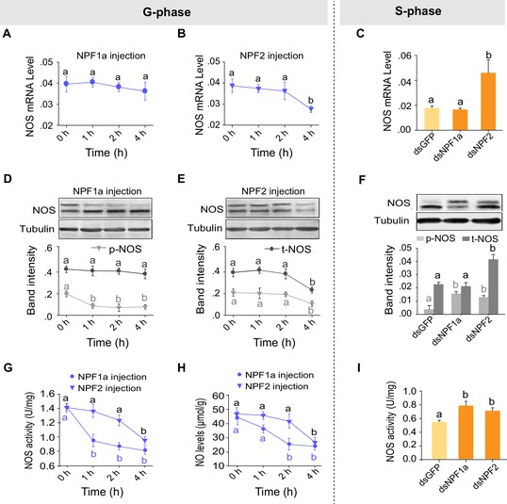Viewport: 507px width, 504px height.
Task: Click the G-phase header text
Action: click(167, 12)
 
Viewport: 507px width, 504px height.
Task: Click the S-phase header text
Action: click(417, 11)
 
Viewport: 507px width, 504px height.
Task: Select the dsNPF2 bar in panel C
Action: click(488, 102)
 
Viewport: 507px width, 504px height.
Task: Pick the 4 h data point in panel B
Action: click(311, 109)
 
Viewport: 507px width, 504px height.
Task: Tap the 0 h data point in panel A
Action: click(66, 84)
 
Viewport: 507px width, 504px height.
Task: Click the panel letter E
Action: click(181, 178)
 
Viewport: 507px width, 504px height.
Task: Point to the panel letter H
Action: click(182, 367)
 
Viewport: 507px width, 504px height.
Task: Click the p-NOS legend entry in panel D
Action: click(117, 249)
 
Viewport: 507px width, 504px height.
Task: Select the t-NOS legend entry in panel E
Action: click(288, 249)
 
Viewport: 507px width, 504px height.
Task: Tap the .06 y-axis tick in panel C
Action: click(405, 56)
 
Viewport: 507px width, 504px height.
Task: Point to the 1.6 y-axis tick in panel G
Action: click(47, 394)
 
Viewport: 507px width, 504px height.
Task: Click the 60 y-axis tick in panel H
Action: click(219, 396)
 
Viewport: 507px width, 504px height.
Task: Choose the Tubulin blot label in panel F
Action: click(392, 220)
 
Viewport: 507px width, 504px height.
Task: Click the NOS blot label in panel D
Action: click(44, 210)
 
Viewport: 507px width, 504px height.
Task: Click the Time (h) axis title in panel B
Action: click(271, 153)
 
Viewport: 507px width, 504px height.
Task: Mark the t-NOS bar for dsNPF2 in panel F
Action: click(493, 286)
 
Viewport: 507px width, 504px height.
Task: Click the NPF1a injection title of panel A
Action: click(111, 56)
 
